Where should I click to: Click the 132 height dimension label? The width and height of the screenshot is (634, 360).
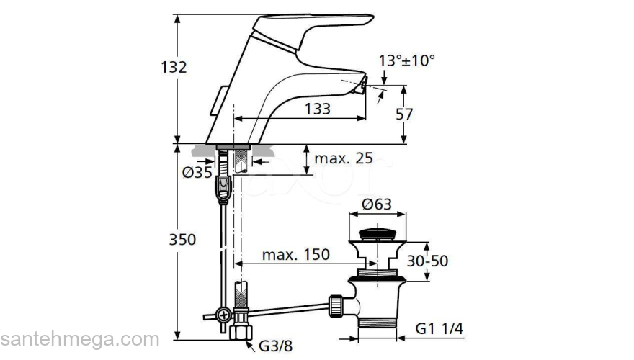(x=174, y=67)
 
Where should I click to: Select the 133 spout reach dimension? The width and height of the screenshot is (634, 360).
(x=317, y=108)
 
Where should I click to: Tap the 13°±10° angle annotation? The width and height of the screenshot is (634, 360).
(x=408, y=61)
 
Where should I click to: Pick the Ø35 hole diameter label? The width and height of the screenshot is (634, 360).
(x=197, y=172)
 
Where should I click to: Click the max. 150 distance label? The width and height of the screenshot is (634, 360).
(x=295, y=254)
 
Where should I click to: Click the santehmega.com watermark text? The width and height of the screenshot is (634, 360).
(x=80, y=338)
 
